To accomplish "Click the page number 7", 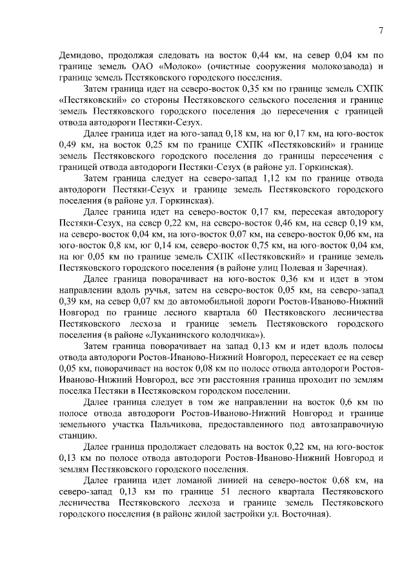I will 381,30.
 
